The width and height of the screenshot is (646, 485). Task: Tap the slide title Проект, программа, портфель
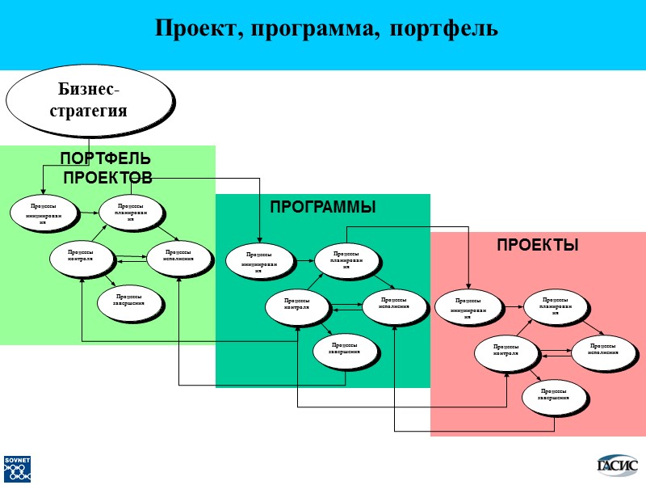(x=326, y=29)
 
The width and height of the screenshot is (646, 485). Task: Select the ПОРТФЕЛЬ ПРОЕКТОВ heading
(x=106, y=167)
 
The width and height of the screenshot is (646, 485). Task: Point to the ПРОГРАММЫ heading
(x=322, y=208)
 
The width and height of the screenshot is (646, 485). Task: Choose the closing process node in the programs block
(x=345, y=348)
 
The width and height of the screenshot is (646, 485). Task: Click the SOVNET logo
(x=17, y=470)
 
